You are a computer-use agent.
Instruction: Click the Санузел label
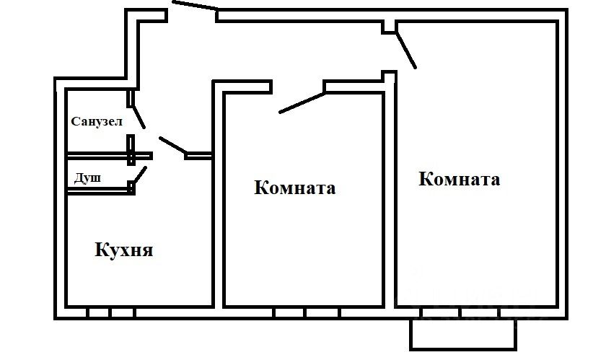(x=97, y=121)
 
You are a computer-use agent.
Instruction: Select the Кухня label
(x=124, y=250)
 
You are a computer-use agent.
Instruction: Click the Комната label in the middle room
(x=295, y=189)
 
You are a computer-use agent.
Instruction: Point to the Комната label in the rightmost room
(x=459, y=179)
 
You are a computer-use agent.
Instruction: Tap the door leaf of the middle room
(x=302, y=102)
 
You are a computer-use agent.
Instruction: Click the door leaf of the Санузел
(x=138, y=116)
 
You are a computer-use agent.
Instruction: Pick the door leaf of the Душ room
(x=141, y=175)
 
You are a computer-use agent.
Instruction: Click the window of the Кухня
(x=111, y=313)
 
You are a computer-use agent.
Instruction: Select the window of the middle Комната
(x=305, y=313)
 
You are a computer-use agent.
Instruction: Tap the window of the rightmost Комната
(x=462, y=313)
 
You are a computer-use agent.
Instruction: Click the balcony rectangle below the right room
(x=462, y=335)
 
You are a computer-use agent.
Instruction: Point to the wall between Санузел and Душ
(x=97, y=155)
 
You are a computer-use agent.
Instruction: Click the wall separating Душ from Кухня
(x=97, y=190)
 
